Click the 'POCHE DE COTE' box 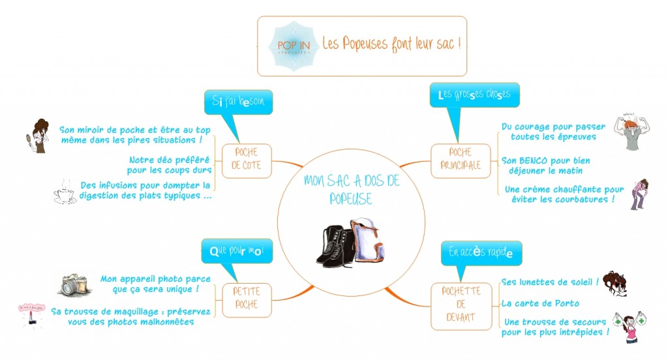(x=246, y=158)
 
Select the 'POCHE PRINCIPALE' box (x=460, y=159)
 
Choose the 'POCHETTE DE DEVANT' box (x=461, y=305)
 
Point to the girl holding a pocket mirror (x=39, y=136)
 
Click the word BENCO (x=537, y=160)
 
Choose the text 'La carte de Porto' (x=539, y=303)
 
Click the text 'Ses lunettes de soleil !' (x=550, y=282)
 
